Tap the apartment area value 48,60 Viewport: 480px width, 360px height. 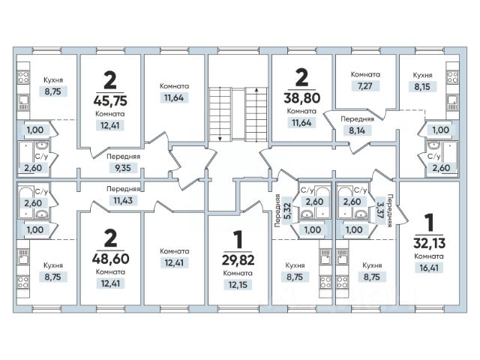point(109,256)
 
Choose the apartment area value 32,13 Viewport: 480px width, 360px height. point(428,243)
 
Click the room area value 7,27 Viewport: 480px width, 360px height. point(365,87)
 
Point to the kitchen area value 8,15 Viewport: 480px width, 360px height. point(422,87)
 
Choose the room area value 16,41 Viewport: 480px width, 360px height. point(428,268)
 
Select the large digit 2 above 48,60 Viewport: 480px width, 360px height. point(109,238)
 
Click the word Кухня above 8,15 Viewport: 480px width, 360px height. point(422,76)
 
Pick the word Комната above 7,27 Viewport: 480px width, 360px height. point(365,75)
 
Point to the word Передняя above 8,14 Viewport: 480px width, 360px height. point(357,118)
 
